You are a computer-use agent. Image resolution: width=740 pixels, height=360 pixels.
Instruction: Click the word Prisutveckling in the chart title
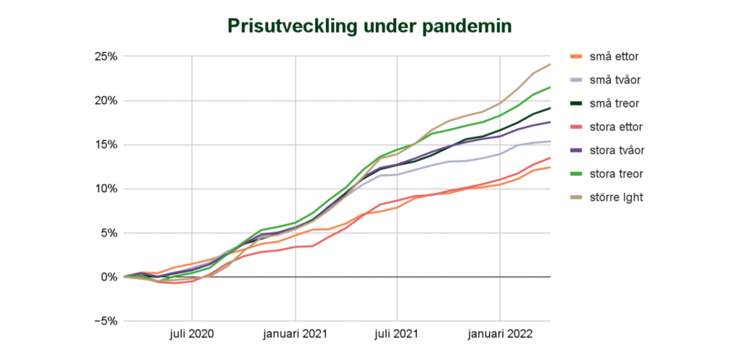click(291, 27)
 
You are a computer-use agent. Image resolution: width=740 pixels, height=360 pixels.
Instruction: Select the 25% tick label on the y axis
click(106, 56)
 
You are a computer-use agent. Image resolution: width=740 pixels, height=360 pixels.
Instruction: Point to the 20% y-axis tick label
click(106, 101)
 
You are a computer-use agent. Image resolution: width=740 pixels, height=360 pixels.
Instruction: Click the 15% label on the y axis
click(106, 145)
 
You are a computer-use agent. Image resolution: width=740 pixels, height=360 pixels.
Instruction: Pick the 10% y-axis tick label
click(106, 189)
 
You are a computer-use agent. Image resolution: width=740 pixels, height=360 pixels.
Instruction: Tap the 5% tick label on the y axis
click(109, 233)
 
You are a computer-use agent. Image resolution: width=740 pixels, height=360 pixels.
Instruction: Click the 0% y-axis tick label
click(109, 277)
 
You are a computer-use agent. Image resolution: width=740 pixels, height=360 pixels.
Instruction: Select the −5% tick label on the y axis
click(106, 321)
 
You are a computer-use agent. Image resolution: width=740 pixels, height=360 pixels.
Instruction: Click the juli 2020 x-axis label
click(192, 335)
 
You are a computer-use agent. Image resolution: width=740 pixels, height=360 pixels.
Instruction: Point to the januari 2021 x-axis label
click(296, 335)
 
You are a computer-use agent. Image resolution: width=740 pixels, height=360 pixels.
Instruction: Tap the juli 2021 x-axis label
click(397, 335)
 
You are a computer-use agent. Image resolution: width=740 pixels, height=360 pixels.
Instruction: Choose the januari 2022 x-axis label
click(500, 335)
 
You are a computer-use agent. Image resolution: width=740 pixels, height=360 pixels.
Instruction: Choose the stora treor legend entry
click(606, 174)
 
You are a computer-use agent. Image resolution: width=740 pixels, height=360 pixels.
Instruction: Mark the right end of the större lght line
click(550, 64)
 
